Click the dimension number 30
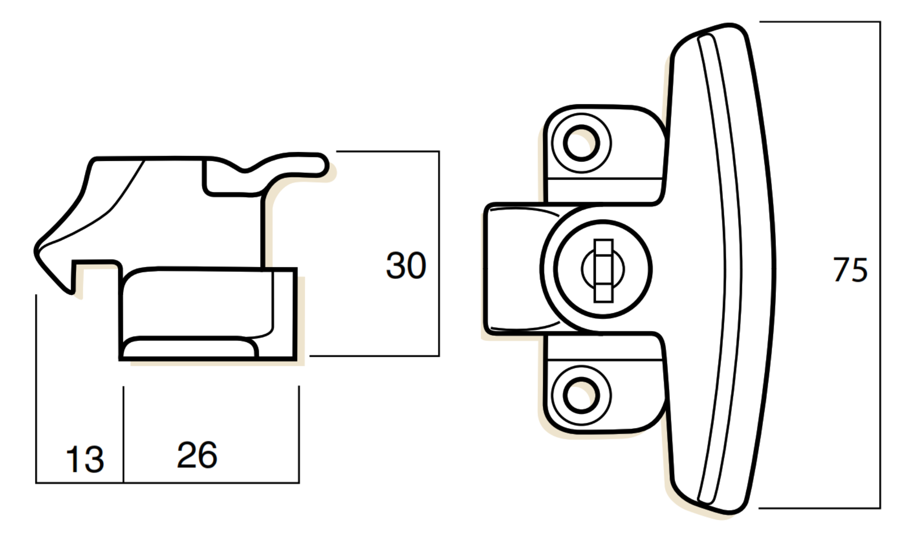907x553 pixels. point(406,266)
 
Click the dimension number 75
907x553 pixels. point(850,270)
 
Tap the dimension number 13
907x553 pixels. point(84,459)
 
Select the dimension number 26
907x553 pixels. point(197,455)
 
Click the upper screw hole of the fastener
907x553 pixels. point(581,143)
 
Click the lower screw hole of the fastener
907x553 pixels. point(581,395)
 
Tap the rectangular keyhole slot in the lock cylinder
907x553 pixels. point(603,270)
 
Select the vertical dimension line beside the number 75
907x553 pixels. point(879,265)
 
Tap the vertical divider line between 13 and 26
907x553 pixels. point(123,434)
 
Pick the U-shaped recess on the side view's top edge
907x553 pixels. point(226,179)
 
